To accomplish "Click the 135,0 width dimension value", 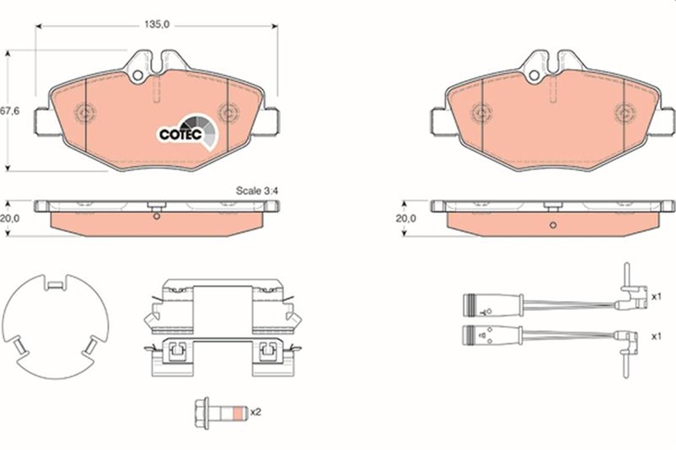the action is click(x=157, y=24).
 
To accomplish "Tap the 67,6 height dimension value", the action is click(x=10, y=111).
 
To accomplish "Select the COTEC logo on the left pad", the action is click(x=188, y=132).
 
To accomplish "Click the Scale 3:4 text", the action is click(x=257, y=191).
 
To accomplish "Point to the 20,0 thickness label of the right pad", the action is click(x=406, y=219).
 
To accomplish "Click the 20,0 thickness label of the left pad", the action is click(x=10, y=219).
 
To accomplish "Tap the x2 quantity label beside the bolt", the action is click(x=256, y=412).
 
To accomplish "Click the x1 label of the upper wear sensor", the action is click(x=656, y=297).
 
